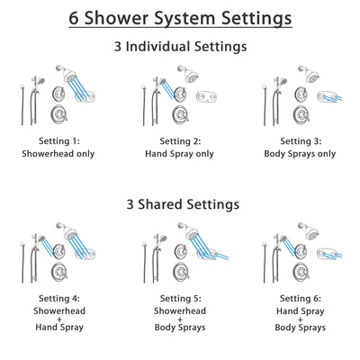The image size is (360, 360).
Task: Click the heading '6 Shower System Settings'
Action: [180, 18]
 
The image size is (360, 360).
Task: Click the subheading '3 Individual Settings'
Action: [180, 47]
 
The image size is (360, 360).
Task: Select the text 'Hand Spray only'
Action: [180, 154]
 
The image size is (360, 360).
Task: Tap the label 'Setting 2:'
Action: [180, 141]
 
